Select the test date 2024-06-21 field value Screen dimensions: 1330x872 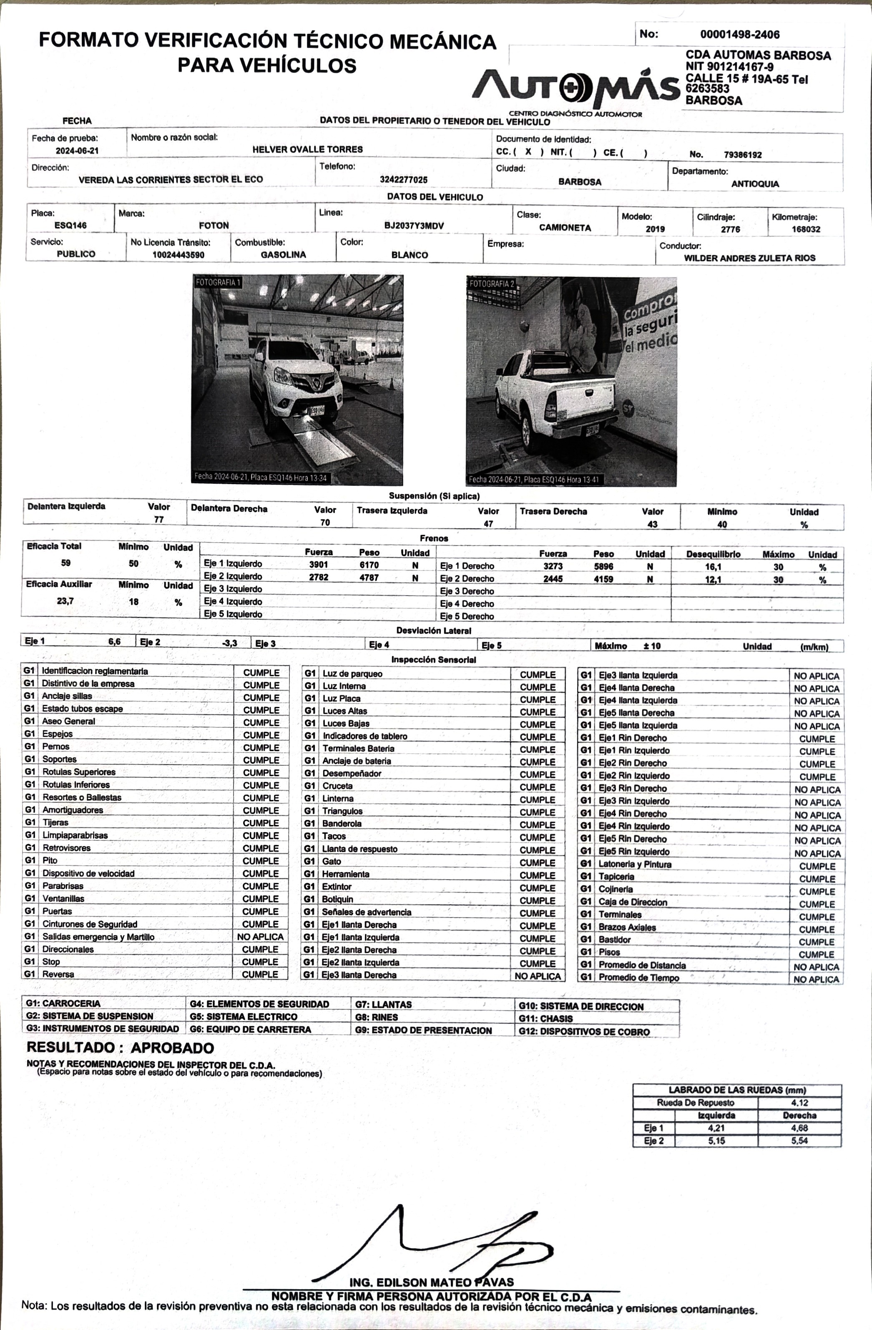77,151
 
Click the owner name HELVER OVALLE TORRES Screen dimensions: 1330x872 307,149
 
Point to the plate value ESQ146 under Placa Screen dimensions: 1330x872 70,225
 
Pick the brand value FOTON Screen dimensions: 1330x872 214,226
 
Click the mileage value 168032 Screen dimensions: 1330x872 806,229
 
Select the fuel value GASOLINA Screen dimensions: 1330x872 283,255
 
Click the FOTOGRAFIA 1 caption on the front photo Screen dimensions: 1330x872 218,283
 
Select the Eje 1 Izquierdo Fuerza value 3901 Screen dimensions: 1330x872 319,565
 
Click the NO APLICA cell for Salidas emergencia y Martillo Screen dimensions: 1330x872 260,937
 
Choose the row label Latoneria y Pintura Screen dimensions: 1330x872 635,864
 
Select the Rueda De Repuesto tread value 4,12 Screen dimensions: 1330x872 799,1103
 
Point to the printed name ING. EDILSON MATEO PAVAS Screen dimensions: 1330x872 431,1282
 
